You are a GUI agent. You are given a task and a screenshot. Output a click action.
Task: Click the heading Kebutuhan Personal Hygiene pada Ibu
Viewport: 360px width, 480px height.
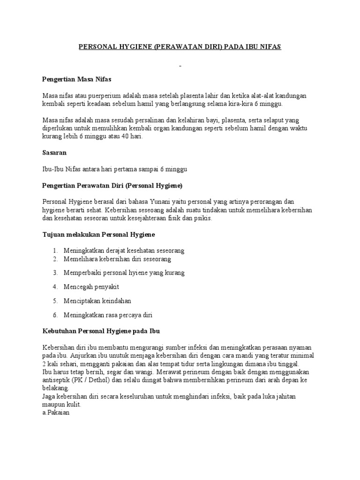pos(101,331)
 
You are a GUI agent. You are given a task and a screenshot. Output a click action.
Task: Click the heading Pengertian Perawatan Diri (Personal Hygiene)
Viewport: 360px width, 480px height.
pos(112,185)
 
